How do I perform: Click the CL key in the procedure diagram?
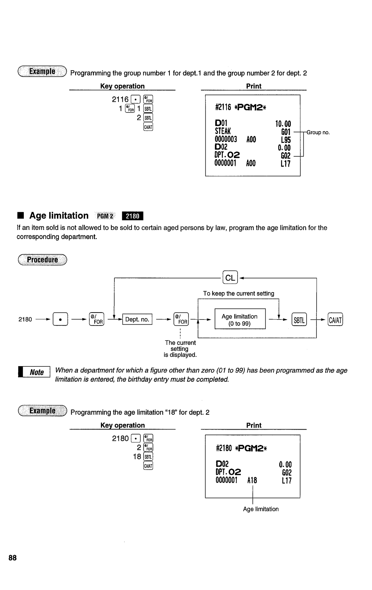coord(230,278)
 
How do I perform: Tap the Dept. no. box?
coord(137,319)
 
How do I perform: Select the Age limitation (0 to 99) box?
coord(240,320)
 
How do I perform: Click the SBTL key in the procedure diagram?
coord(299,320)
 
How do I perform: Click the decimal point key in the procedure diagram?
coord(60,320)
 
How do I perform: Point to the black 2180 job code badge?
coord(132,216)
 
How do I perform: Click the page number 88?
coord(13,558)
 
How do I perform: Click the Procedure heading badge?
coord(42,260)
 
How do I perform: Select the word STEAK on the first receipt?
coord(223,131)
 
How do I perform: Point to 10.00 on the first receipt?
coord(283,124)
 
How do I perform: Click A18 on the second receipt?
coord(252,480)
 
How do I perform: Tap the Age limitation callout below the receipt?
coord(261,509)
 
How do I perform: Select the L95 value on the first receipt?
coord(286,140)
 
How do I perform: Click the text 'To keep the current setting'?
coord(238,293)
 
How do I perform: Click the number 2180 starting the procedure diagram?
coord(25,319)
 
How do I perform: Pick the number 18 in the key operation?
coord(137,456)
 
